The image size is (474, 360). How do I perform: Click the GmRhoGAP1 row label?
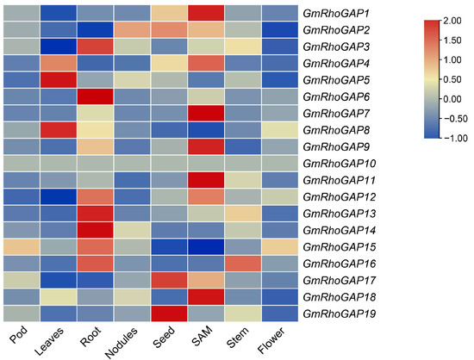335,13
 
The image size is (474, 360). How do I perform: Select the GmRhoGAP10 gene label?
340,164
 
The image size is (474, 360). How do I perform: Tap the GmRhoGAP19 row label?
340,313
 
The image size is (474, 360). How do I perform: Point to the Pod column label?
19,335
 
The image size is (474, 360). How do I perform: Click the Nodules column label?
121,343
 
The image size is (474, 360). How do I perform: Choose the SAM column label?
203,336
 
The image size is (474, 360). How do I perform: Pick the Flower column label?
271,340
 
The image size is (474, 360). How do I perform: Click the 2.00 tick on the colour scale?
452,21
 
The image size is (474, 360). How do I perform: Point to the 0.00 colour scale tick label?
452,99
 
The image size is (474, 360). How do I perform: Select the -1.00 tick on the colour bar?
456,138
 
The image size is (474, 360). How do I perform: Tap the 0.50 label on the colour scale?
452,79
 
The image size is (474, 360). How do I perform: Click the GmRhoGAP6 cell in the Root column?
95,96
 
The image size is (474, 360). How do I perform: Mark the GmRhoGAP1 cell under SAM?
206,13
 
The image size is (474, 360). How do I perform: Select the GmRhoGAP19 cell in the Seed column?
169,313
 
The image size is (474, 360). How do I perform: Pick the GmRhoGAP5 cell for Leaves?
59,80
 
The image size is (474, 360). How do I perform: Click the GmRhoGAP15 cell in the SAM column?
206,246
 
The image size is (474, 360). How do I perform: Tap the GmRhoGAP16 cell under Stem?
243,264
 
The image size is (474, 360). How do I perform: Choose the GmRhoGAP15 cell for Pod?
22,246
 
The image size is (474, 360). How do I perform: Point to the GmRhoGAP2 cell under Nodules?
132,29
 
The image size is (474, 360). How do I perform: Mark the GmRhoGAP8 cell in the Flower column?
279,130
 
